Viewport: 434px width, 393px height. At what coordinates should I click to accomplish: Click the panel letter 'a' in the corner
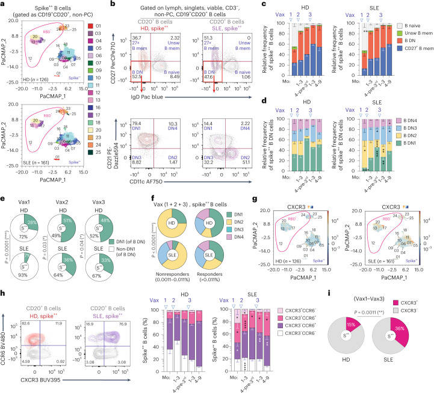(4, 4)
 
